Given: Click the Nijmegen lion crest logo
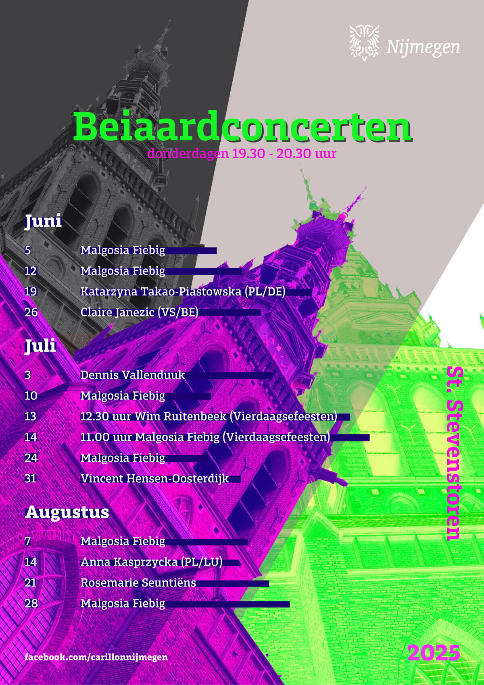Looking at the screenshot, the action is (365, 42).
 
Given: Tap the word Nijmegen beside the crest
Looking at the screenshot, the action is (423, 47).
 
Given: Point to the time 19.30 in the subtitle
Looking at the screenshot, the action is (248, 153).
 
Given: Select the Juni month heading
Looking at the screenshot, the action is (43, 221).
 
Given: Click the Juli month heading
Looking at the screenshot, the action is (40, 346).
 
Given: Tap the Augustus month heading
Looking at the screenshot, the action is (67, 512).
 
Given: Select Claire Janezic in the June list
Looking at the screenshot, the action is (117, 312).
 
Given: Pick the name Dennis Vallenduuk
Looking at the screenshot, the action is (133, 375).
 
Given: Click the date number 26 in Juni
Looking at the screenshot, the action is (31, 312).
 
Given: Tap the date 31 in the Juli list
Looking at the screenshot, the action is (31, 478).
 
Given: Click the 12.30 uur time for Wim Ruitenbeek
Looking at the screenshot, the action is (106, 416).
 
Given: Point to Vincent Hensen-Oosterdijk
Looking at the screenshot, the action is (154, 479).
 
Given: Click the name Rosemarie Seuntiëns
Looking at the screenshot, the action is (138, 582).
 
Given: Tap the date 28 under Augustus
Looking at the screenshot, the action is (31, 603).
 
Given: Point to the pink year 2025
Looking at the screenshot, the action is (434, 653).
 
